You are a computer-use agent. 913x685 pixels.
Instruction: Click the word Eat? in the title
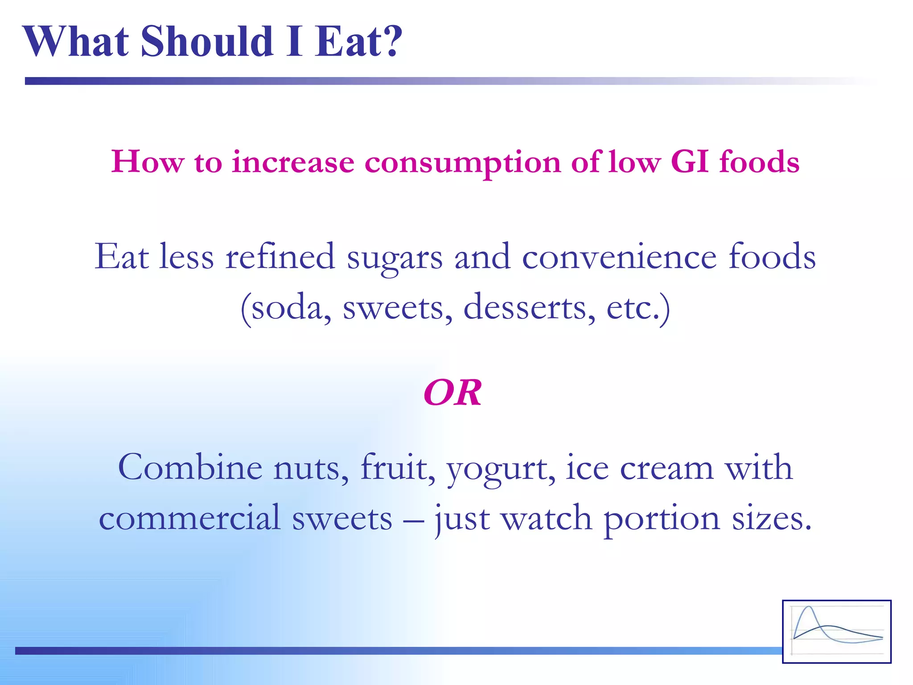pyautogui.click(x=358, y=41)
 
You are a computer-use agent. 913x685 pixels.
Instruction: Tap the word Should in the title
pyautogui.click(x=207, y=41)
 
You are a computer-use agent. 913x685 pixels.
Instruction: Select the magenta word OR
pyautogui.click(x=452, y=393)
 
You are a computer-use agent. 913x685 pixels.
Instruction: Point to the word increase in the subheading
pyautogui.click(x=293, y=161)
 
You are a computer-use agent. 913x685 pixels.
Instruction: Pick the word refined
pyautogui.click(x=280, y=257)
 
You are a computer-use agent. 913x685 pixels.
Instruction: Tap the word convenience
pyautogui.click(x=619, y=257)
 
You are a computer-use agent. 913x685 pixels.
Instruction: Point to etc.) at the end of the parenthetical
pyautogui.click(x=638, y=308)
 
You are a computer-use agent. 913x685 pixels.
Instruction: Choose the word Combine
pyautogui.click(x=190, y=467)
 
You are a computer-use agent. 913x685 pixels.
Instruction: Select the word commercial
pyautogui.click(x=190, y=518)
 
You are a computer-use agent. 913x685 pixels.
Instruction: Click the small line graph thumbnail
pyautogui.click(x=837, y=631)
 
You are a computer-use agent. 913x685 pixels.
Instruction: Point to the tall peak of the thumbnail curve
pyautogui.click(x=809, y=607)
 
